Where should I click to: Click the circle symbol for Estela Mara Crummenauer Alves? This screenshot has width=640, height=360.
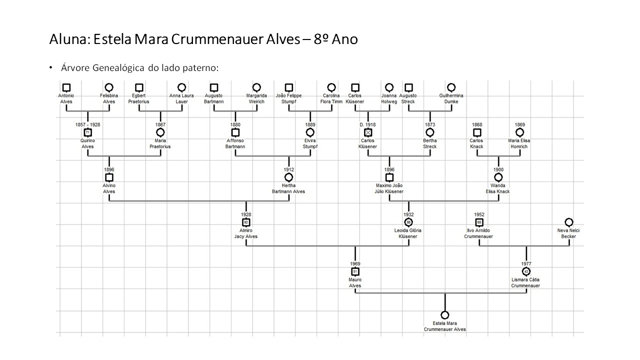(444, 315)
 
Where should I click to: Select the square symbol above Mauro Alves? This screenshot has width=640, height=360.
(355, 271)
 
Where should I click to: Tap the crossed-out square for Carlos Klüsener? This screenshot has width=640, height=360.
(368, 132)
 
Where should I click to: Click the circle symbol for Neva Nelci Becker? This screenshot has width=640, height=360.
(568, 222)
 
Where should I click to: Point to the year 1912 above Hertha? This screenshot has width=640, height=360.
(288, 169)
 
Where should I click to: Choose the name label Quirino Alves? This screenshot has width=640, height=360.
(88, 143)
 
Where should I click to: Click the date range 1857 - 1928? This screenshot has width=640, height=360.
(88, 124)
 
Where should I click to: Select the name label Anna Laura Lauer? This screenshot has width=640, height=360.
(181, 98)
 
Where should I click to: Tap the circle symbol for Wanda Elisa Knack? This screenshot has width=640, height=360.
(498, 177)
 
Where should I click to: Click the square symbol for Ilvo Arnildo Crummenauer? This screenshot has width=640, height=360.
(479, 222)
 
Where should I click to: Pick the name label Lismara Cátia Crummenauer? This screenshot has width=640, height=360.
(525, 282)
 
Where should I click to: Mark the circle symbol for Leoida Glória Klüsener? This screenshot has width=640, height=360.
(408, 222)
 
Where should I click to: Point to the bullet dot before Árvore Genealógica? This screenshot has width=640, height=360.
(50, 67)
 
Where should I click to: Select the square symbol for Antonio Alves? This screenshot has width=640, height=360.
(66, 87)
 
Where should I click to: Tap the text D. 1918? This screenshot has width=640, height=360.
(368, 124)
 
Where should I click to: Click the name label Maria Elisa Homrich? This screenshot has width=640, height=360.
(519, 143)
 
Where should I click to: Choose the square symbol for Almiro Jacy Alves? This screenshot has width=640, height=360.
(246, 222)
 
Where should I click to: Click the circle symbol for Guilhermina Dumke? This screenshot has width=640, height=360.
(451, 87)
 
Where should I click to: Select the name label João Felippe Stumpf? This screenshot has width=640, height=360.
(288, 98)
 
